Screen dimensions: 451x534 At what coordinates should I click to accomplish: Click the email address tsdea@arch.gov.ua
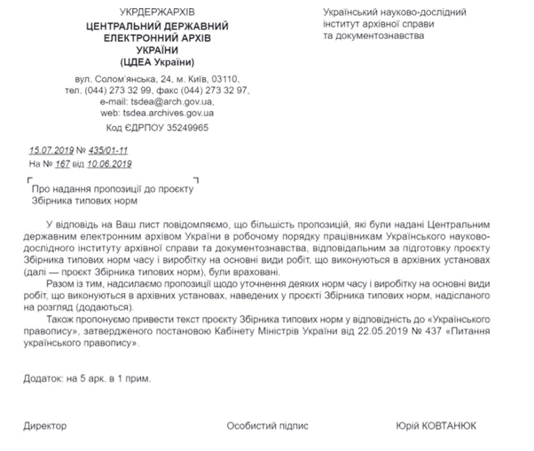pyautogui.click(x=169, y=102)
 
